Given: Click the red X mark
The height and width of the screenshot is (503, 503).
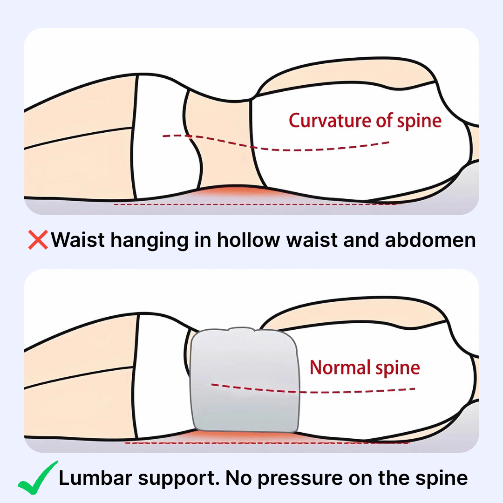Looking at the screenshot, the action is pyautogui.click(x=38, y=240).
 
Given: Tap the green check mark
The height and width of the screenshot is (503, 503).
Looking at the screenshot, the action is pyautogui.click(x=38, y=478).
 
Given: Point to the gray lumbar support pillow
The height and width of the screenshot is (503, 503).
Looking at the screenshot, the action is pyautogui.click(x=245, y=380).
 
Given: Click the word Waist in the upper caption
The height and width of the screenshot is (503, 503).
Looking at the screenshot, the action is pyautogui.click(x=78, y=240).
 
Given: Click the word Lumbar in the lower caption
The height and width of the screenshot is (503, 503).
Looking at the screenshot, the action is pyautogui.click(x=95, y=478).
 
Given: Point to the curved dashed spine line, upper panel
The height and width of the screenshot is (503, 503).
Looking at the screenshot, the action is pyautogui.click(x=276, y=143).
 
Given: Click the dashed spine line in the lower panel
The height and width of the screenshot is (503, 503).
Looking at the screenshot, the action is pyautogui.click(x=313, y=389).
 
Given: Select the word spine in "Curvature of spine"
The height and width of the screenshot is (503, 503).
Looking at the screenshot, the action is pyautogui.click(x=419, y=121).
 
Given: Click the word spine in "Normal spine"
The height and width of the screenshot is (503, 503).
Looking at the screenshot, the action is pyautogui.click(x=398, y=368).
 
